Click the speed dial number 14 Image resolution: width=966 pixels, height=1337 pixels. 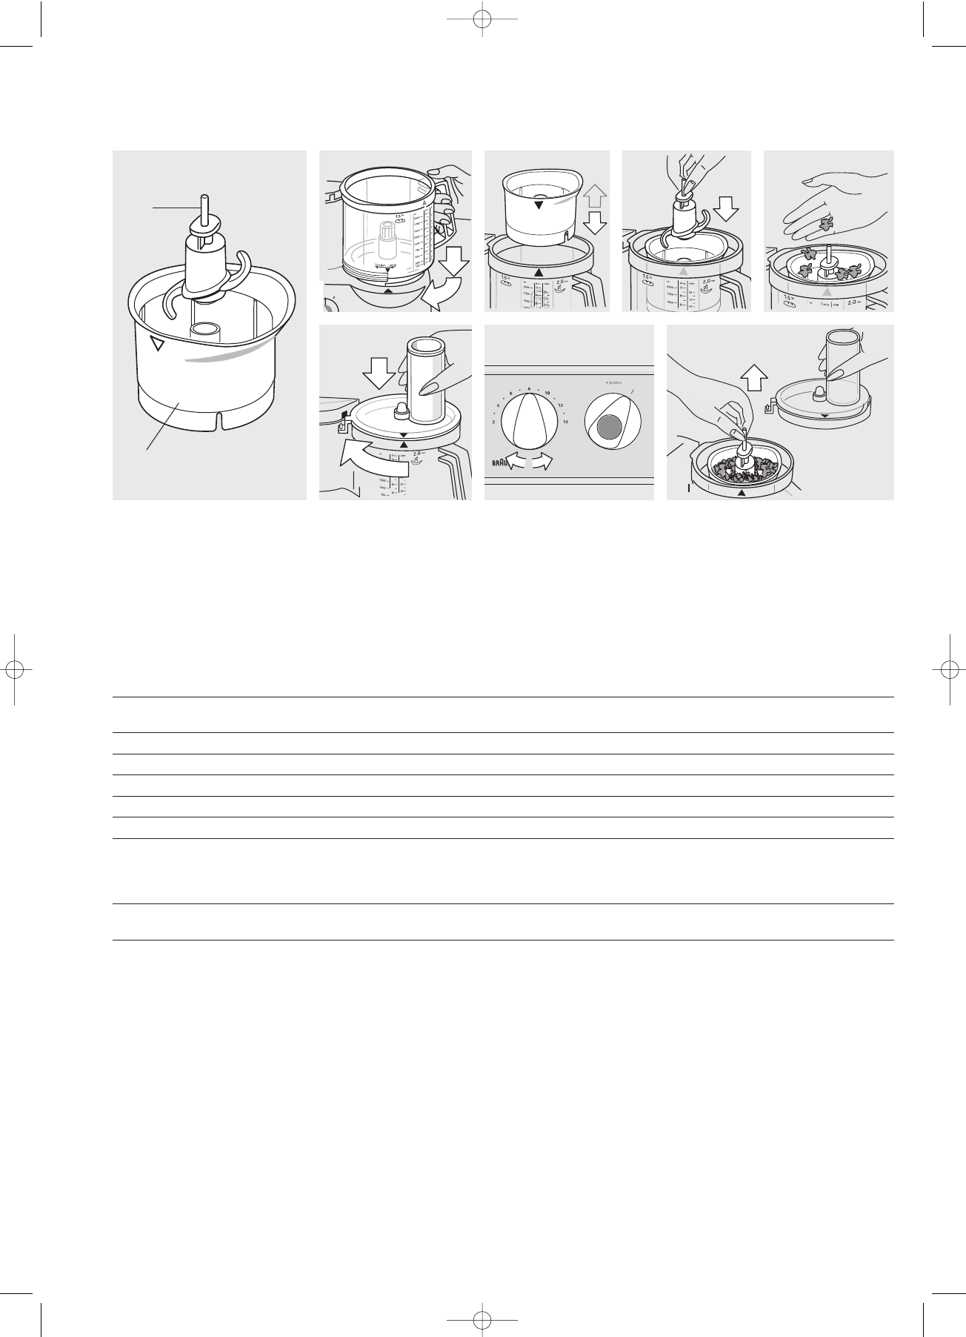565,422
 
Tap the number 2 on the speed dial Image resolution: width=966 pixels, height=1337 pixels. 493,422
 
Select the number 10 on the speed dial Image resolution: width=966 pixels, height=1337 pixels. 547,392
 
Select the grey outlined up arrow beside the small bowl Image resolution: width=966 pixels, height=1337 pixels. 596,196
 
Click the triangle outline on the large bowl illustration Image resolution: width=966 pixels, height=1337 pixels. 156,344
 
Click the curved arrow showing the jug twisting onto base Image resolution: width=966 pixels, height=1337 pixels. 442,293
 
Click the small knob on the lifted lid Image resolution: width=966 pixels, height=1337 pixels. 820,392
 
